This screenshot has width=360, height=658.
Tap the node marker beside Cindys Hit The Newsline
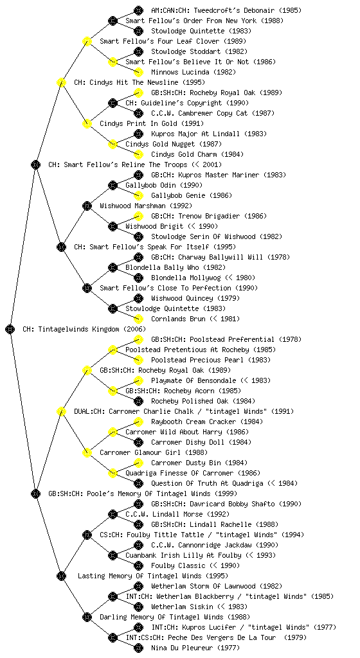tap(61, 82)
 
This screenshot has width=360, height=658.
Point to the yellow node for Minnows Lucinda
tap(138, 72)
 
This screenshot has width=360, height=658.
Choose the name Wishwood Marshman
tap(133, 206)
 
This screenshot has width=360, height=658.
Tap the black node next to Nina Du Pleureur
tap(138, 648)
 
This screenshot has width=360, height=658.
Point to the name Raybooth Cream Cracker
tap(194, 422)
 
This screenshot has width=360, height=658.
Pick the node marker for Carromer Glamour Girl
tap(87, 452)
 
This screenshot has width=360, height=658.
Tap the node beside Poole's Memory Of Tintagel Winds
tap(35, 493)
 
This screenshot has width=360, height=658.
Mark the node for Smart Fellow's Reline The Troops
tap(35, 164)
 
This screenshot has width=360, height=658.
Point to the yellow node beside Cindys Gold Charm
tap(138, 154)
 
